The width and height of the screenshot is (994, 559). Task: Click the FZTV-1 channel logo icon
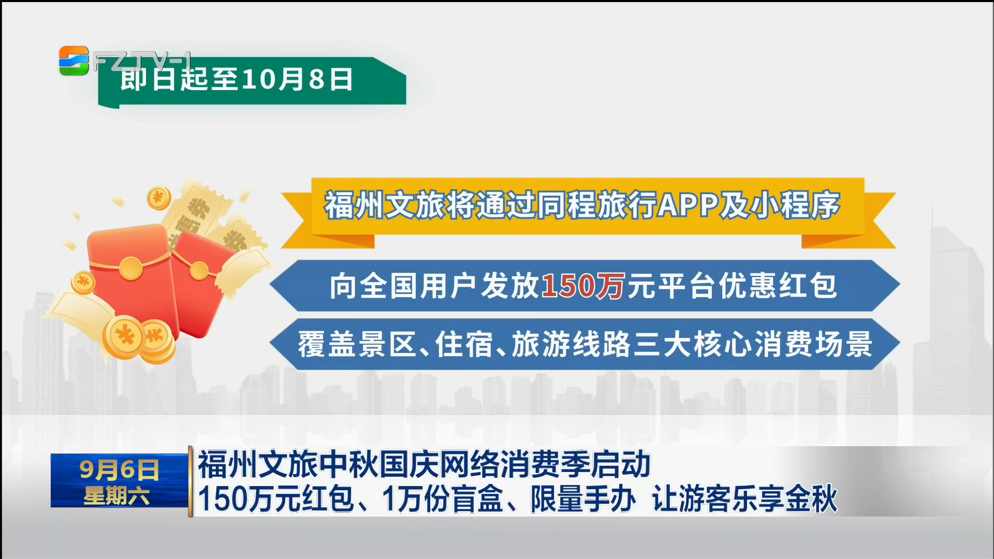pyautogui.click(x=74, y=61)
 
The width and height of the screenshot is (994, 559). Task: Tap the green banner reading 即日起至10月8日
pyautogui.click(x=252, y=81)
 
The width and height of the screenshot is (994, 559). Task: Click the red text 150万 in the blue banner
pyautogui.click(x=583, y=286)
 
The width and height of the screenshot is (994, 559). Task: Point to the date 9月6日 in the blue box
pyautogui.click(x=119, y=470)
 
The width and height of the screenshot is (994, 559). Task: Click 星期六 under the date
pyautogui.click(x=116, y=496)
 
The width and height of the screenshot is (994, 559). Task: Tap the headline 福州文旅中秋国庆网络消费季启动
pyautogui.click(x=424, y=464)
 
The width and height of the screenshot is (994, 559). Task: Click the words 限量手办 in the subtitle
pyautogui.click(x=583, y=499)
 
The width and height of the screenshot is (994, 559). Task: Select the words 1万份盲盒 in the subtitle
pyautogui.click(x=443, y=499)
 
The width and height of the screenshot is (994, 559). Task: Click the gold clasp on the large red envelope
pyautogui.click(x=130, y=268)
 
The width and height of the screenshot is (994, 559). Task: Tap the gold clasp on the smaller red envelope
pyautogui.click(x=199, y=270)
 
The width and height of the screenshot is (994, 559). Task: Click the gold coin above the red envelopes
pyautogui.click(x=159, y=198)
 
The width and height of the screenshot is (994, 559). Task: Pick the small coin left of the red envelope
pyautogui.click(x=83, y=282)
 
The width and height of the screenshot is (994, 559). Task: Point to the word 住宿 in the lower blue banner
pyautogui.click(x=464, y=344)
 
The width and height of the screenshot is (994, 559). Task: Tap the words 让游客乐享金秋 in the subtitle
pyautogui.click(x=744, y=499)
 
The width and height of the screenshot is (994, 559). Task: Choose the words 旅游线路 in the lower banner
pyautogui.click(x=571, y=344)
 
